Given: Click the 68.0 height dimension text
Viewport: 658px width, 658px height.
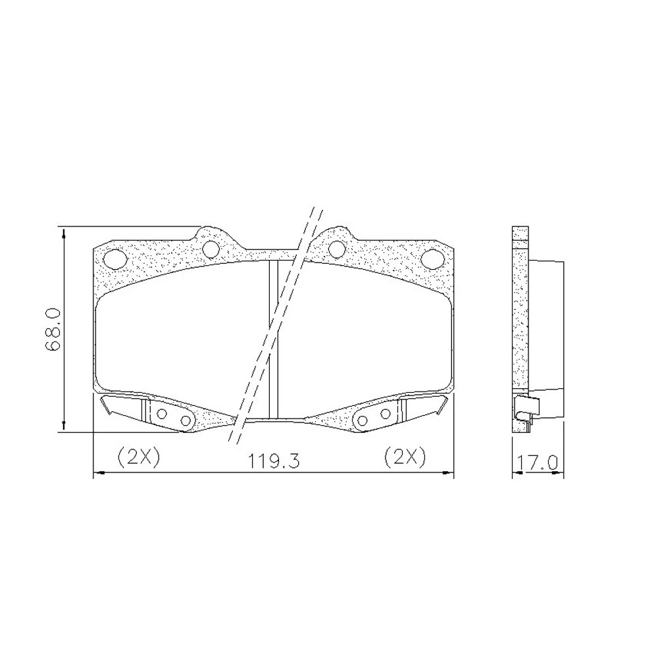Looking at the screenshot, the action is [54, 330].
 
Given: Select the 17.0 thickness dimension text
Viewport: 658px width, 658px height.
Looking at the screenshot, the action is [538, 463].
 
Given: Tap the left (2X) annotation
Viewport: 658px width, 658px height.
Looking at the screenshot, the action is [138, 457].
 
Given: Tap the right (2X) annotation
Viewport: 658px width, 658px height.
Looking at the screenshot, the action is [405, 457].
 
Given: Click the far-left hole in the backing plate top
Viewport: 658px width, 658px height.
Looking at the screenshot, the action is [114, 258].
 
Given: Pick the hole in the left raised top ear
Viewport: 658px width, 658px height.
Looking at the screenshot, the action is [211, 249].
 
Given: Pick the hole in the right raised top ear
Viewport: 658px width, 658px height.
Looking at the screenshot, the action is [336, 249].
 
